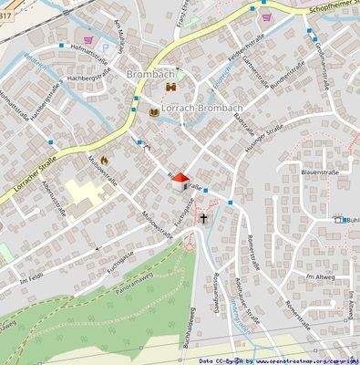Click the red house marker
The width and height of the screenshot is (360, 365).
(180, 180)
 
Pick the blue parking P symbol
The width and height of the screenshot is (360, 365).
(339, 220)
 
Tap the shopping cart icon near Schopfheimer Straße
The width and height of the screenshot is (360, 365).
(266, 16)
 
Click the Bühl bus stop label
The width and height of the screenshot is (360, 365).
(351, 220)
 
